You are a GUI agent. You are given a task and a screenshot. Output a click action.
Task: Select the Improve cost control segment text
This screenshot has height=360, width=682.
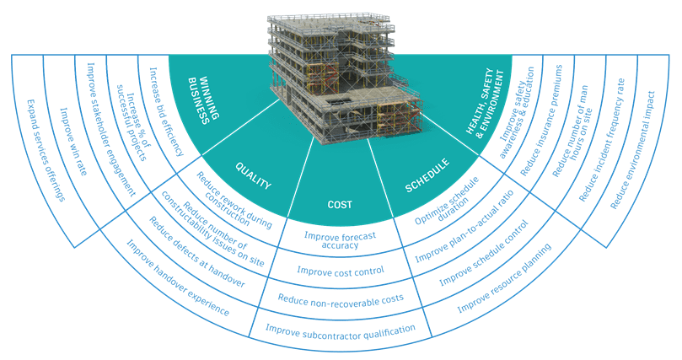point(341,271)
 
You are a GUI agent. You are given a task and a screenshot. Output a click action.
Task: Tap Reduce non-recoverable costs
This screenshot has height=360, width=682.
point(341,298)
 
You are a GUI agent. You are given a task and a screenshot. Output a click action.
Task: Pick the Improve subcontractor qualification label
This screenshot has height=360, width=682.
point(341,328)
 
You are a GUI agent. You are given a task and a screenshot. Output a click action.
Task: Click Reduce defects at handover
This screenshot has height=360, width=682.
point(195,255)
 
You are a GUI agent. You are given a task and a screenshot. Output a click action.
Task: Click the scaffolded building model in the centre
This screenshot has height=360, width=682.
point(341,72)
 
